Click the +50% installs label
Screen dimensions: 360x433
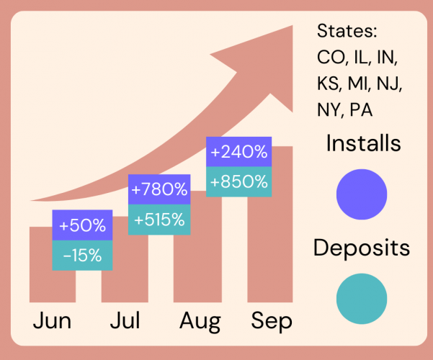click(x=82, y=225)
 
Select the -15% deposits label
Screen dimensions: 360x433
click(x=82, y=255)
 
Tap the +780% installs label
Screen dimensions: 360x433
click(x=159, y=190)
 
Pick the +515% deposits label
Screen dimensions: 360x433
click(x=159, y=219)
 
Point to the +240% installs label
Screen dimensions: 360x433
click(x=239, y=153)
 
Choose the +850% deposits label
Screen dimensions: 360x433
click(x=239, y=181)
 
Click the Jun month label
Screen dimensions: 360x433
click(x=52, y=321)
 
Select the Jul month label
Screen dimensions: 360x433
click(x=125, y=321)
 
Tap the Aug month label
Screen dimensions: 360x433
click(x=198, y=321)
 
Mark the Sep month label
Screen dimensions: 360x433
click(x=272, y=321)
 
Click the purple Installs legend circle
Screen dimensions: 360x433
click(x=362, y=194)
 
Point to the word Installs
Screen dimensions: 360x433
click(x=363, y=143)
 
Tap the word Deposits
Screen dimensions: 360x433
click(x=362, y=248)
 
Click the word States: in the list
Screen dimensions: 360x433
click(x=348, y=33)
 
